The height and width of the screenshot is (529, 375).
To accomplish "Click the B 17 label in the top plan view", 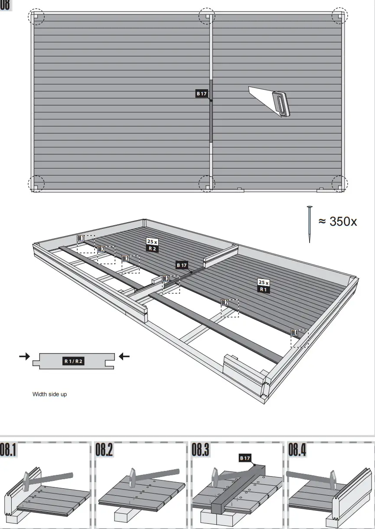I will click(201, 93).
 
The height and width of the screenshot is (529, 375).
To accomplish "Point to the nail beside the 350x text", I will click(309, 224).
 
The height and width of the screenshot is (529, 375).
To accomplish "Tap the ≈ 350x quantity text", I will click(338, 221).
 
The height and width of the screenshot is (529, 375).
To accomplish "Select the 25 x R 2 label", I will click(152, 245).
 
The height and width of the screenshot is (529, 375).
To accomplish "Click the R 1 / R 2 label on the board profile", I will click(73, 360).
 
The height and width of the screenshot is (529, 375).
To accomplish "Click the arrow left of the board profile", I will click(25, 357).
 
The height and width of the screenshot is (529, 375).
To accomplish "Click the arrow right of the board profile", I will click(124, 357).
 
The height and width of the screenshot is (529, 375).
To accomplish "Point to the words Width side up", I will click(50, 394).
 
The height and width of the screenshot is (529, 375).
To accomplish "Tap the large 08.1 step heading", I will click(9, 450).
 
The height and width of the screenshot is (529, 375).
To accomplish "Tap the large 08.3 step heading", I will click(201, 450).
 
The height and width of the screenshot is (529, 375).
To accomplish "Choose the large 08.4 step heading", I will click(297, 450).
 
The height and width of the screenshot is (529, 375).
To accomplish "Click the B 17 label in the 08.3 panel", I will click(245, 458).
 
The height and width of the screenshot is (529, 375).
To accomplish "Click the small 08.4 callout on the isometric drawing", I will click(294, 333).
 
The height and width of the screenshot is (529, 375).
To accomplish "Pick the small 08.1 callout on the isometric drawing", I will click(81, 238).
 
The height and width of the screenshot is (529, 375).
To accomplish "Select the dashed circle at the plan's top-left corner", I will click(36, 17).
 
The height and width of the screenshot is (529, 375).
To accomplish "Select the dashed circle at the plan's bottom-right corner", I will click(340, 184).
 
